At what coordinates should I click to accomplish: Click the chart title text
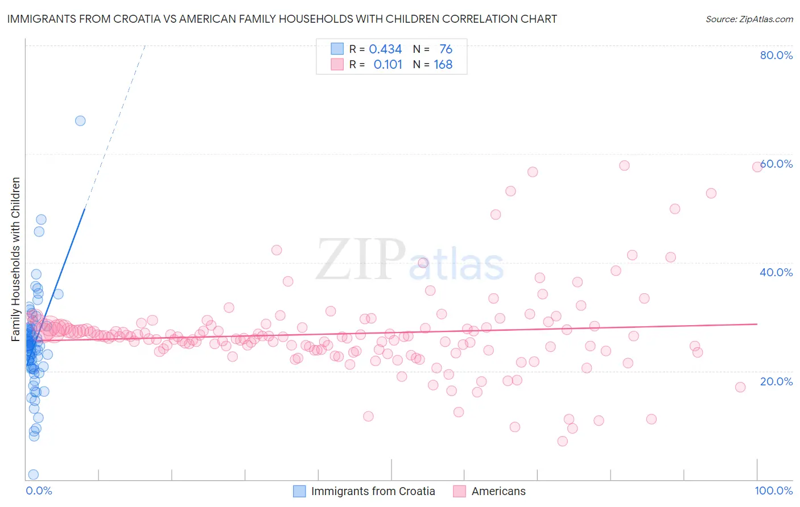(x=282, y=19)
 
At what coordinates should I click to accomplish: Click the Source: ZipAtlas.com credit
(x=749, y=19)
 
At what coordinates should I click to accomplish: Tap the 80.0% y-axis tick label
(x=776, y=55)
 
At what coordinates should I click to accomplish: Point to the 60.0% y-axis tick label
(x=776, y=164)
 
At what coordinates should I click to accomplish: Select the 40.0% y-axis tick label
(x=776, y=272)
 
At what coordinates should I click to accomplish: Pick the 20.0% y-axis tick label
(x=776, y=381)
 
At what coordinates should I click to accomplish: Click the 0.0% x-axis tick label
(x=39, y=491)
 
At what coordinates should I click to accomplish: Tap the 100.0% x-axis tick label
(x=773, y=491)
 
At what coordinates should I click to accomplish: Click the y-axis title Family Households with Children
(x=15, y=259)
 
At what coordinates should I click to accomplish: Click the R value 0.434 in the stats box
(x=385, y=49)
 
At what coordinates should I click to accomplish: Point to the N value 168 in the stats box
(x=443, y=65)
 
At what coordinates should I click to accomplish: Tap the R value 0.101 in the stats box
(x=387, y=65)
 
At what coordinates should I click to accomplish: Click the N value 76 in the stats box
(x=446, y=49)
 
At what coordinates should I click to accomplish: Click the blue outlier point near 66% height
(x=80, y=120)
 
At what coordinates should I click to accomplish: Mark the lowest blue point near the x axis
(x=34, y=475)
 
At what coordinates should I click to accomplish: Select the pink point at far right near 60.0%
(x=757, y=167)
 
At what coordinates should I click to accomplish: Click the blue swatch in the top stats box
(x=337, y=49)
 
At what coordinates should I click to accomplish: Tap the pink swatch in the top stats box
(x=337, y=64)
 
